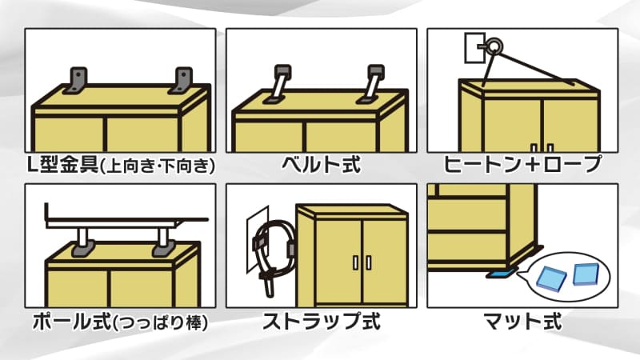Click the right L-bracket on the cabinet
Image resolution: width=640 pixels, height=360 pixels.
(182, 81)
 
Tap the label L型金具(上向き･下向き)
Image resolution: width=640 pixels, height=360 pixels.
(121, 166)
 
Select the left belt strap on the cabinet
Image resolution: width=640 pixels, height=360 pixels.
(277, 83)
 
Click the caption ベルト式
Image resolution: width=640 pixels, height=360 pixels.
(322, 165)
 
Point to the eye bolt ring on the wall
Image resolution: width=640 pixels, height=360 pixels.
(494, 46)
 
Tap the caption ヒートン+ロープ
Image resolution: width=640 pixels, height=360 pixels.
(523, 165)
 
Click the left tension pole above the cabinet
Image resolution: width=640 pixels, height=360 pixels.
(82, 242)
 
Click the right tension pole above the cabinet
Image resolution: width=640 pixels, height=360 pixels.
(164, 242)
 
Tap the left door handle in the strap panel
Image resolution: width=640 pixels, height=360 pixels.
(355, 263)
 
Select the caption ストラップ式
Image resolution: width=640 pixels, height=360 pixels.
(322, 321)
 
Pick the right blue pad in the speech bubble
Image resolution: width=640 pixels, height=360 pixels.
(586, 274)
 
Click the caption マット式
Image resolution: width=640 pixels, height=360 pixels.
(523, 321)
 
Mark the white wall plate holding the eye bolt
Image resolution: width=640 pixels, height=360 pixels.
(475, 48)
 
